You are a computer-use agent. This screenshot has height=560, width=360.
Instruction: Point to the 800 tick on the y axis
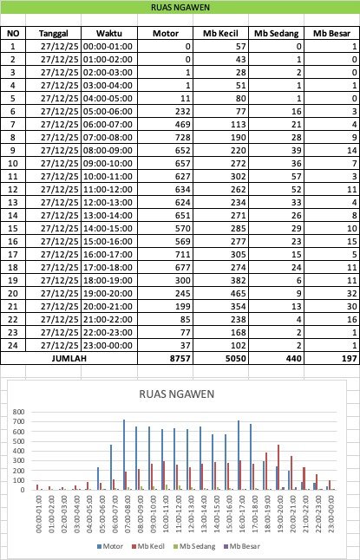[18, 413]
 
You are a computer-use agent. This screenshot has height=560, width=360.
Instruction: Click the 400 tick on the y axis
[18, 451]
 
